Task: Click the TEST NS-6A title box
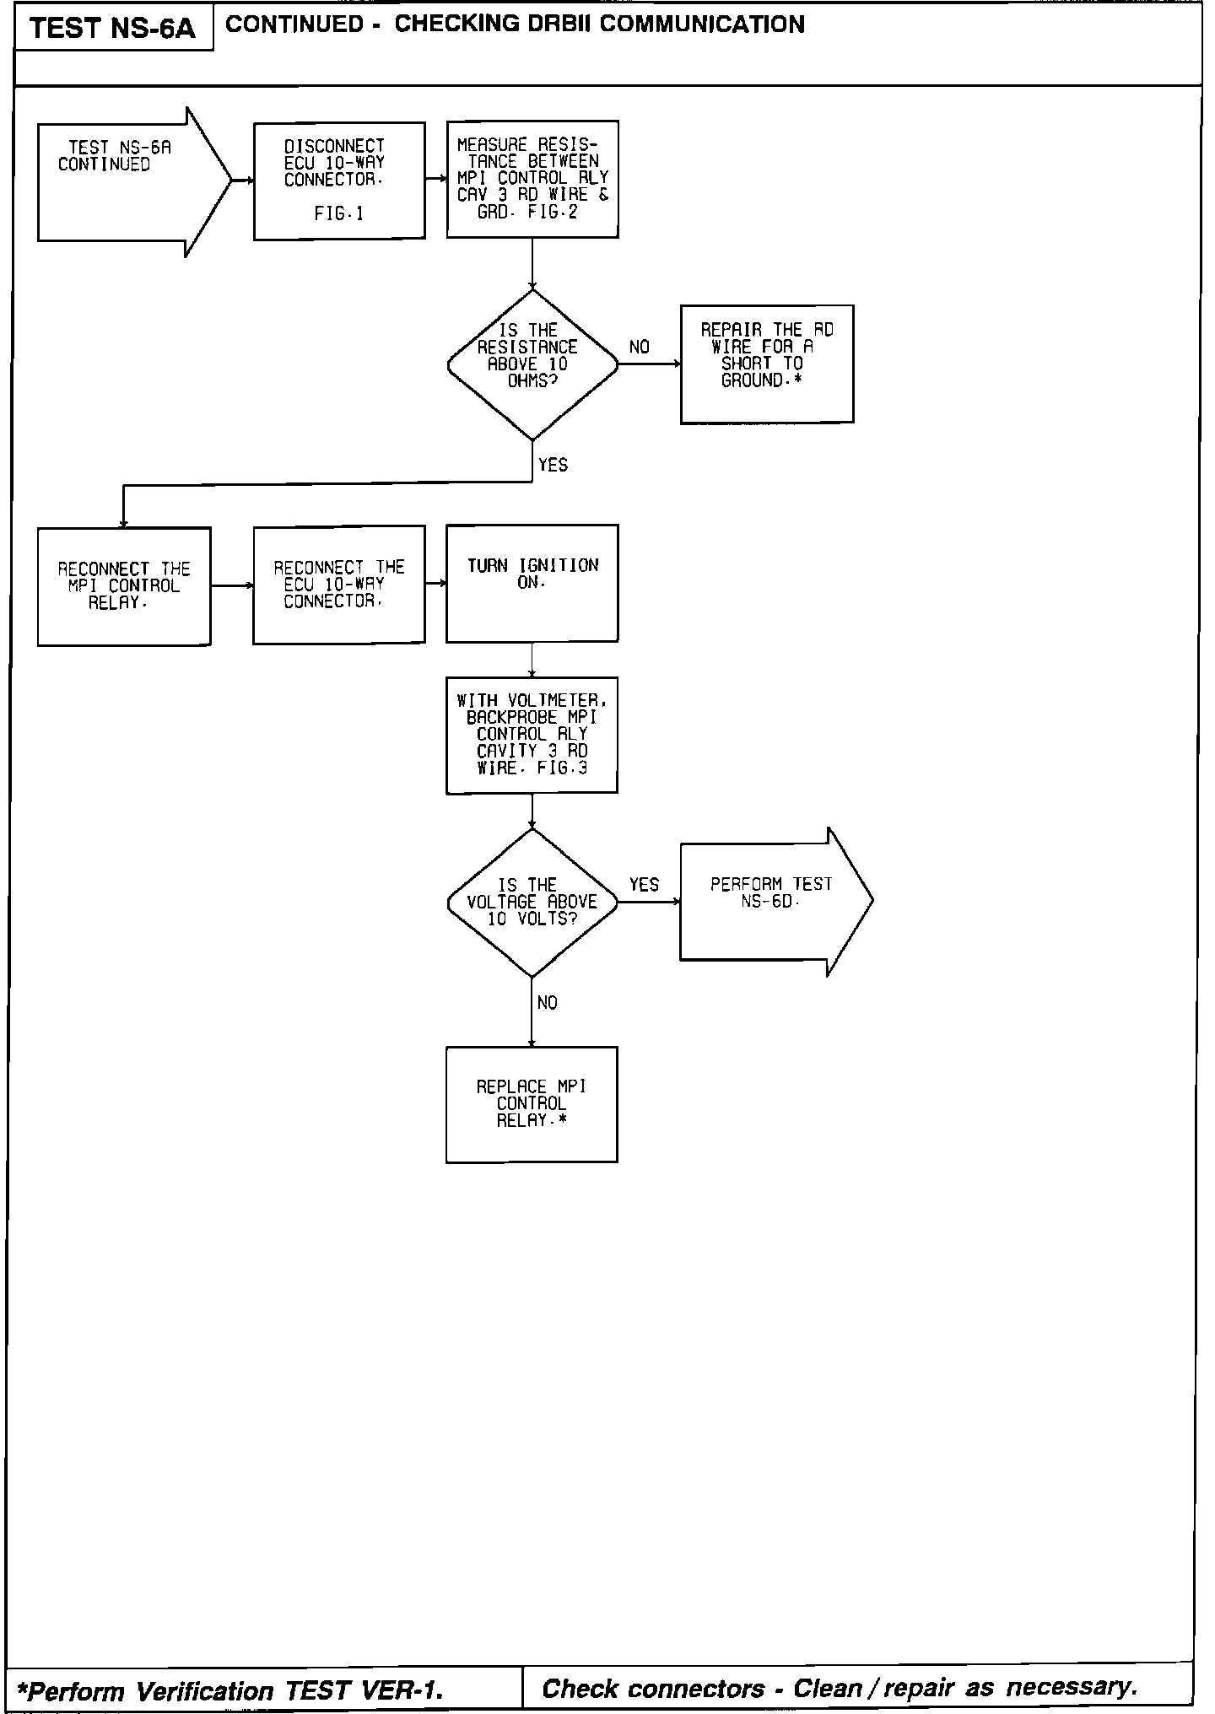[x=112, y=29]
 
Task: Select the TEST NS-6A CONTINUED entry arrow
[x=127, y=181]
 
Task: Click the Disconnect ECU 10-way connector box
[x=339, y=181]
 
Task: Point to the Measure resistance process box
[x=532, y=179]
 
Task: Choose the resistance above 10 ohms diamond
[x=532, y=364]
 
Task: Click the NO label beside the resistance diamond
[x=640, y=347]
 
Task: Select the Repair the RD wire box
[x=767, y=364]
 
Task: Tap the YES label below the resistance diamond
[x=553, y=465]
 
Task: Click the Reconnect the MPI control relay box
[x=124, y=586]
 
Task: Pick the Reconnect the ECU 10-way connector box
[x=339, y=585]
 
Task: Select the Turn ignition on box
[x=532, y=583]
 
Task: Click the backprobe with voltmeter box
[x=532, y=735]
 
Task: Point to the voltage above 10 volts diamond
[x=532, y=903]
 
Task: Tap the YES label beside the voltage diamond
[x=644, y=884]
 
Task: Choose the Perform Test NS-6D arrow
[x=772, y=901]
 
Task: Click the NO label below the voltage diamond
[x=547, y=1003]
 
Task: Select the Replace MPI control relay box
[x=532, y=1104]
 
